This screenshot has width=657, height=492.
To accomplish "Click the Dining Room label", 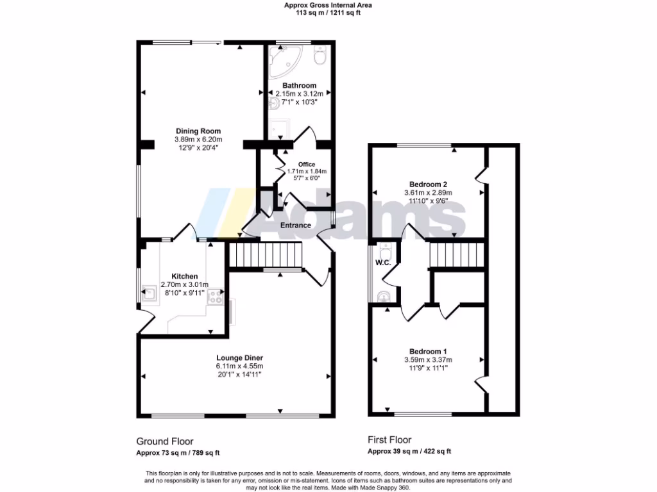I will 198,131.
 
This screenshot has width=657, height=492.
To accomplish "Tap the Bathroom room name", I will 300,86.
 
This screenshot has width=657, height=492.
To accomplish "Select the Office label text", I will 307,165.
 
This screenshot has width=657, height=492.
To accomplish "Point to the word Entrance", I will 296,225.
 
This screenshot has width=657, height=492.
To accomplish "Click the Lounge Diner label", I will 239,357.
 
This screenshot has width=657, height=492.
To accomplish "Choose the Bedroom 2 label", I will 428,184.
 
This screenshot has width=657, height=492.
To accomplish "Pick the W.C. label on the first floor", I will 384,262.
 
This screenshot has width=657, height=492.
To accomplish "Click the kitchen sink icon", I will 149,295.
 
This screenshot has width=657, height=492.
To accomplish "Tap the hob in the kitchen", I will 214,296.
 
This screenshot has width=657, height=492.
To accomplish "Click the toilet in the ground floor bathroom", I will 320,56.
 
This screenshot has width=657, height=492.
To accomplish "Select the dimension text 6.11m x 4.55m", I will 239,366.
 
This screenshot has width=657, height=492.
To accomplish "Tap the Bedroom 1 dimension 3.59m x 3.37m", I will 428,360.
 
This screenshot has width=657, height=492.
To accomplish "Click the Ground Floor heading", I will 164,441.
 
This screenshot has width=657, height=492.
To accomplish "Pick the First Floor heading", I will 389,440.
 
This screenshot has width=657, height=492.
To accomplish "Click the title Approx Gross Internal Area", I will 328,5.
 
